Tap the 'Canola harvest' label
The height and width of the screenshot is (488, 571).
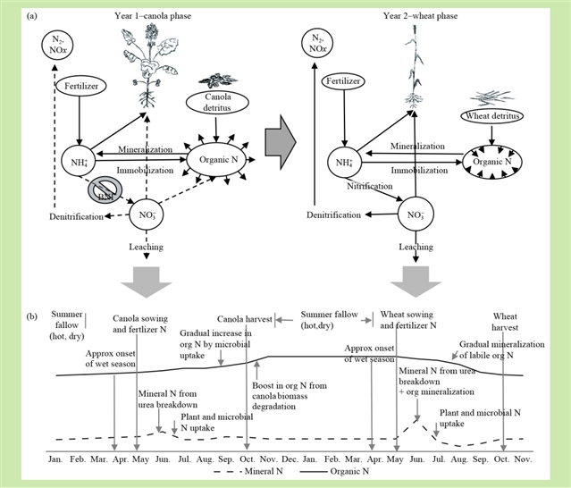point(246,318)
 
